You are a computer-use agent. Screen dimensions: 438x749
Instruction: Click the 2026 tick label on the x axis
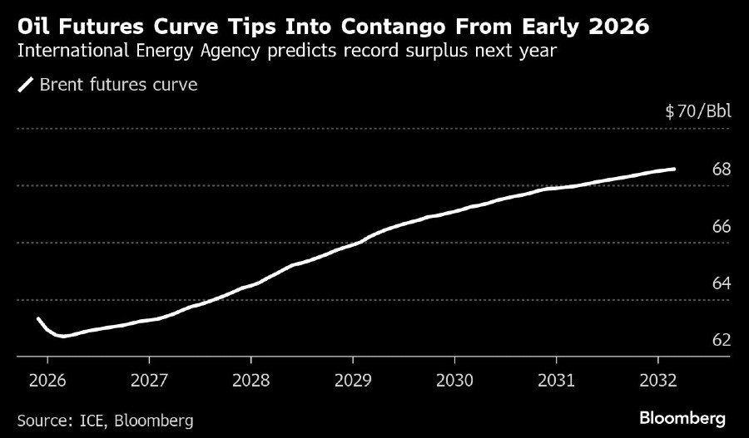[47, 381]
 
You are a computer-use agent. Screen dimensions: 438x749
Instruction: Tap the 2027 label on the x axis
[149, 381]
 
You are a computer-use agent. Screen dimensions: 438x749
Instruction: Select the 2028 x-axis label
[250, 381]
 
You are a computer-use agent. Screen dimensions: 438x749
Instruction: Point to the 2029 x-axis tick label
[352, 381]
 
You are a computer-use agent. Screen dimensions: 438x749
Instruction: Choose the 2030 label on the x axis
[454, 381]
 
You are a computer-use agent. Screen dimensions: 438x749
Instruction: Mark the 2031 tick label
[556, 381]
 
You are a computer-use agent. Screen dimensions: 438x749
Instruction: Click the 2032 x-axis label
[658, 381]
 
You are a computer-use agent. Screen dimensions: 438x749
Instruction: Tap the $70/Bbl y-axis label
[697, 111]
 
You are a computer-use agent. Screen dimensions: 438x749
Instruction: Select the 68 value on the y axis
[722, 170]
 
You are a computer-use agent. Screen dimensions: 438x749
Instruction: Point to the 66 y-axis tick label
[722, 227]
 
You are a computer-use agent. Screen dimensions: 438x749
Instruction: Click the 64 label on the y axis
[722, 283]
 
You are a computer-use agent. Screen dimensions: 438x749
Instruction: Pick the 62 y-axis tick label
[722, 340]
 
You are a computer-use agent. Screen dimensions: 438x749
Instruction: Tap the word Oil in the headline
[34, 27]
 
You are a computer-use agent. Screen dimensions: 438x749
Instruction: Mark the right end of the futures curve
[674, 169]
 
